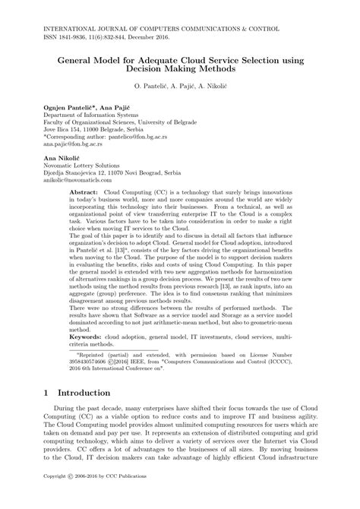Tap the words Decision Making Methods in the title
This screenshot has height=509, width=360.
[180, 68]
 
